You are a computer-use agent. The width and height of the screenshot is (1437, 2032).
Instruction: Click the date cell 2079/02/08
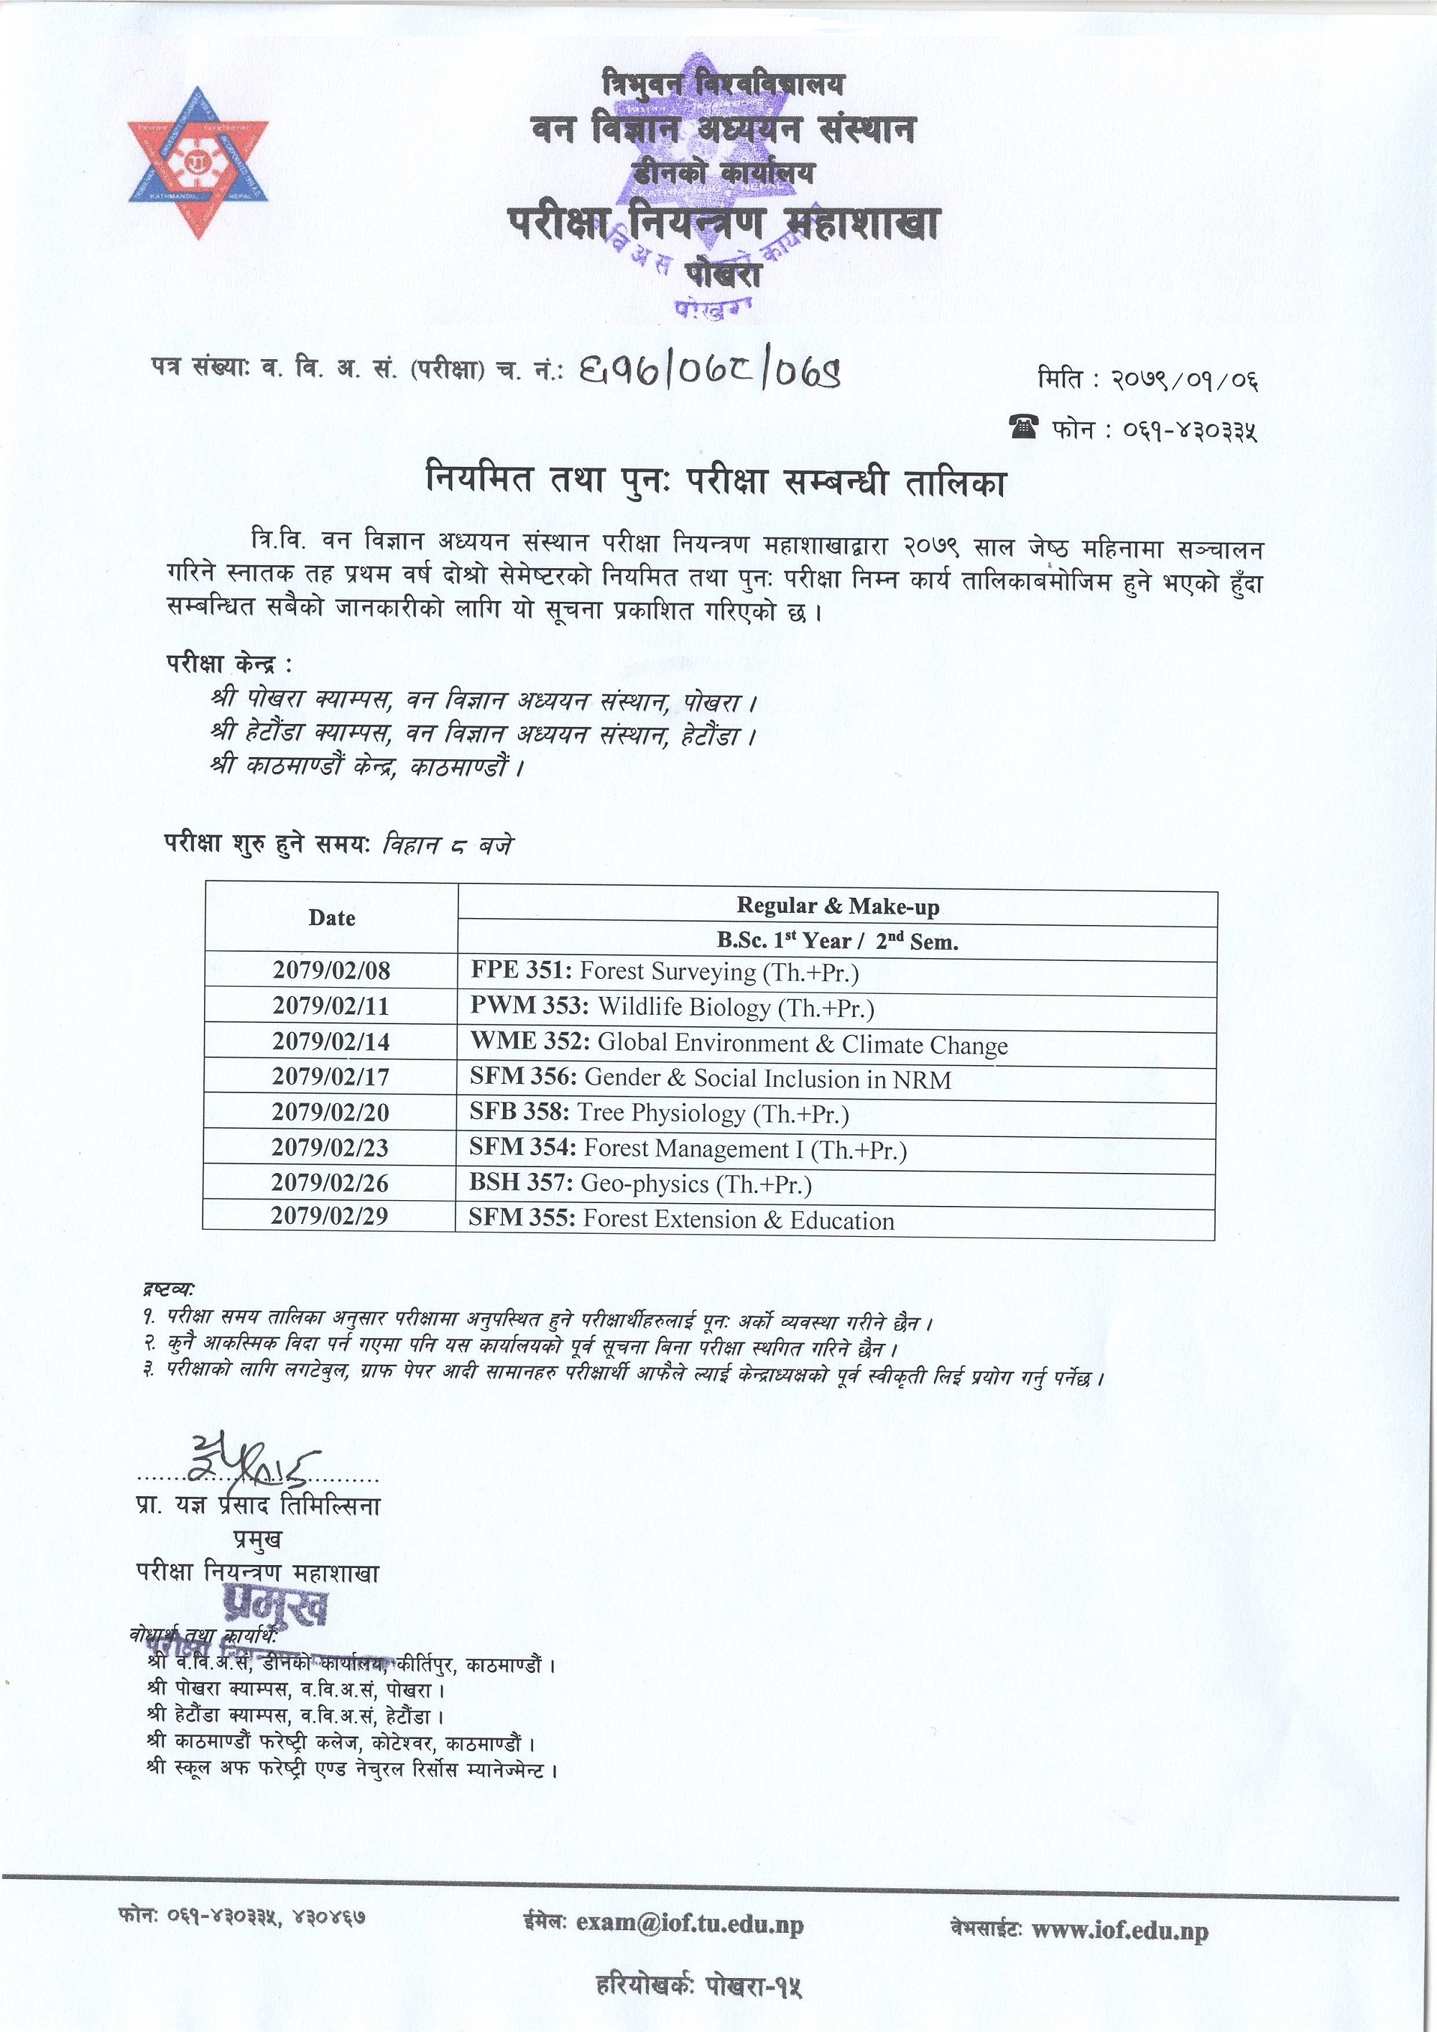(x=331, y=971)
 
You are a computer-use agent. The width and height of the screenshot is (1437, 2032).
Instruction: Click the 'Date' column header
(x=332, y=918)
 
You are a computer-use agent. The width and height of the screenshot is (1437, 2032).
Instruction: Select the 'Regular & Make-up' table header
(x=838, y=906)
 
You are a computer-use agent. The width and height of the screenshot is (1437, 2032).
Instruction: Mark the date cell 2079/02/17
(x=331, y=1077)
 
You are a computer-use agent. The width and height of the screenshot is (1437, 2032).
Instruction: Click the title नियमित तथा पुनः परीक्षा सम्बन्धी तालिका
(x=716, y=484)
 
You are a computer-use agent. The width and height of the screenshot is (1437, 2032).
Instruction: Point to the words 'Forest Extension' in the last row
(x=671, y=1220)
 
